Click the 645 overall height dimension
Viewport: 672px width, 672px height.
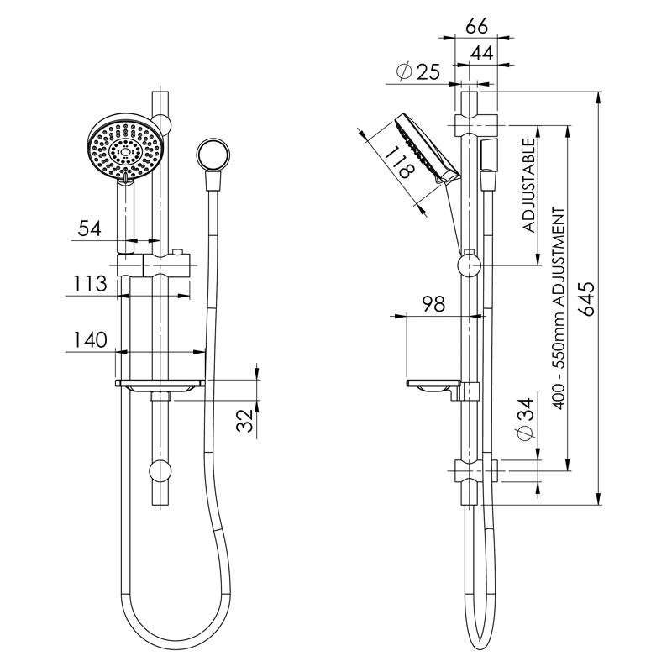(x=587, y=300)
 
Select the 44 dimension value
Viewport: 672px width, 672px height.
(x=480, y=52)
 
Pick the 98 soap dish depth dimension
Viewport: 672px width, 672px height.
(x=433, y=305)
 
